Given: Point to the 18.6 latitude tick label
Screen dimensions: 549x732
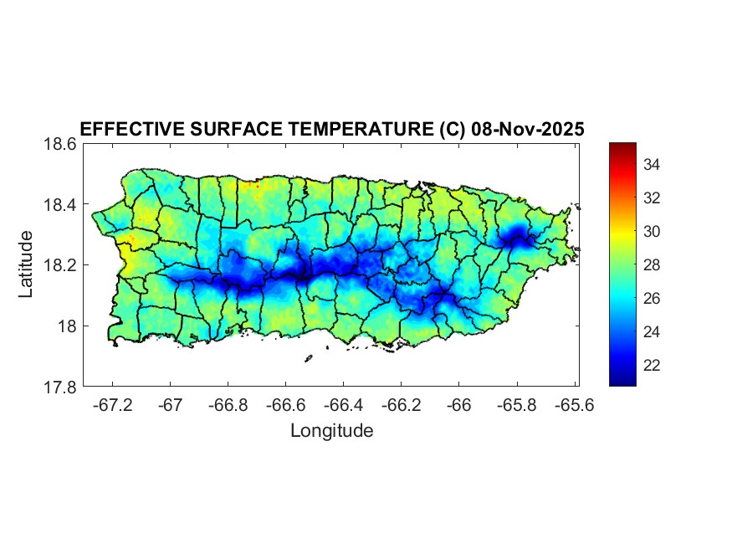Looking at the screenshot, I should (x=60, y=144).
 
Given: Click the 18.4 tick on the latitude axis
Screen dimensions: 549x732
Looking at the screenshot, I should (x=60, y=205).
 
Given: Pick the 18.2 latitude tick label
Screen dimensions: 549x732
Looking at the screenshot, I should (x=60, y=265).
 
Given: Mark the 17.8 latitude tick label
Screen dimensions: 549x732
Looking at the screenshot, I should (x=60, y=387).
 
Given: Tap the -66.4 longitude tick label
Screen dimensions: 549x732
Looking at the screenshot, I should (x=343, y=405).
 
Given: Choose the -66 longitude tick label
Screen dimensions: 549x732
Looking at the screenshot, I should (x=459, y=405).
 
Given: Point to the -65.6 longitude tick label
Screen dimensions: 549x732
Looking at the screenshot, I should (x=575, y=405).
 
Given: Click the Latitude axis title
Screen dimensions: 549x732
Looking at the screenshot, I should (x=27, y=264).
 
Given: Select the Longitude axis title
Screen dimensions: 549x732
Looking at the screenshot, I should (x=331, y=431).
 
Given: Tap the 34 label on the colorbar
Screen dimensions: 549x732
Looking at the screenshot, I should (x=653, y=165).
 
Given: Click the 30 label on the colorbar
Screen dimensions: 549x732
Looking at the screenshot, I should (x=653, y=232).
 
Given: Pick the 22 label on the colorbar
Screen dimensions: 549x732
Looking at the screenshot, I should (x=653, y=366).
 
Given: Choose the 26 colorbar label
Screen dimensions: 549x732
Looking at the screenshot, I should (x=653, y=299).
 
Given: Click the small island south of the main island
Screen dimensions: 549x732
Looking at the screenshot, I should (x=308, y=358).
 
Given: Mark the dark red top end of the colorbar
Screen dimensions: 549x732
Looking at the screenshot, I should (x=622, y=147).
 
